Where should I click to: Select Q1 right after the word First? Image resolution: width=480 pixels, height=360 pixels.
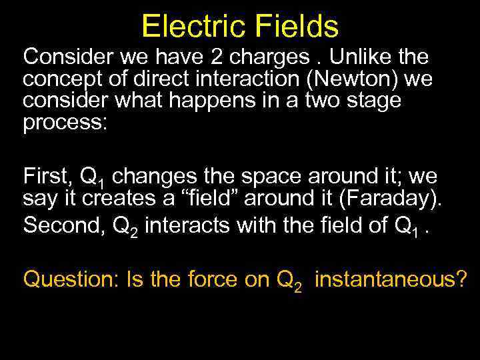coord(93,178)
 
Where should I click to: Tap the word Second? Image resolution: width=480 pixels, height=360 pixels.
coord(61,225)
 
